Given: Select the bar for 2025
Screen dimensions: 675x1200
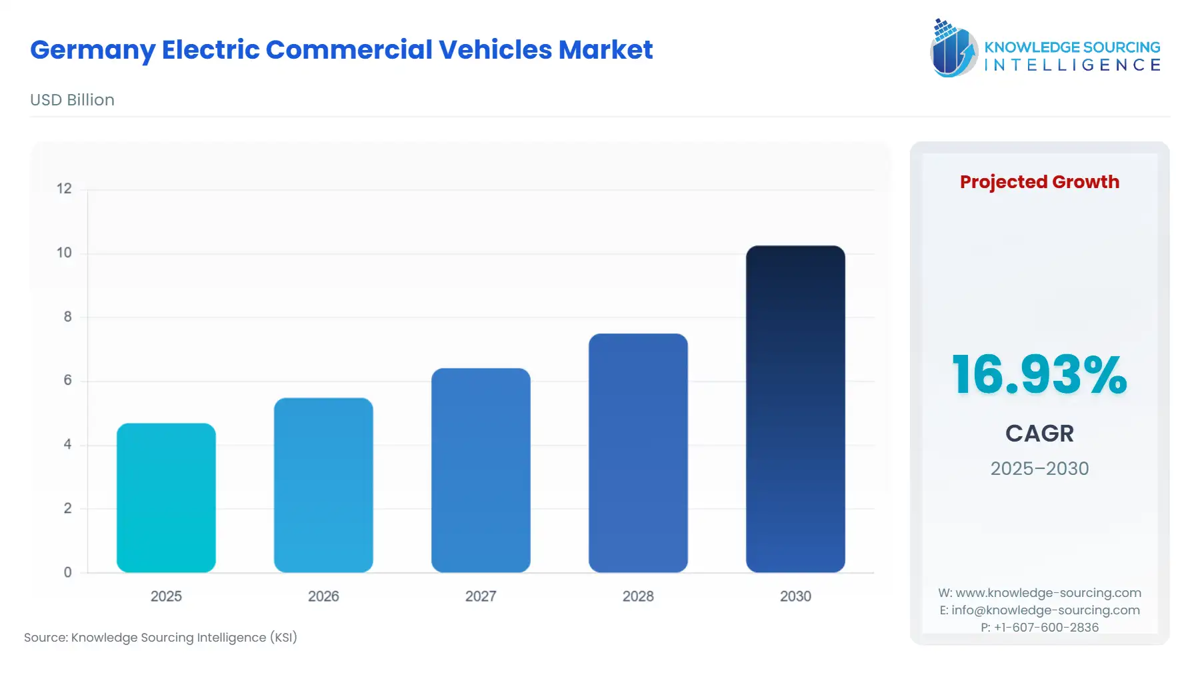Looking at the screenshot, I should click(166, 498).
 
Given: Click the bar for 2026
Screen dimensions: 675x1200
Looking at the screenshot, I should click(323, 485).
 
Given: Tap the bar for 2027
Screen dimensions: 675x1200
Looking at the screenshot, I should click(481, 470).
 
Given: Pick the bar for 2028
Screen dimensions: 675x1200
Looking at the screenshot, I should click(638, 453).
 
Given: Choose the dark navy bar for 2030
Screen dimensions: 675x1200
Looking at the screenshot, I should click(795, 409).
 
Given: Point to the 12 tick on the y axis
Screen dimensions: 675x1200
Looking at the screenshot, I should click(64, 189).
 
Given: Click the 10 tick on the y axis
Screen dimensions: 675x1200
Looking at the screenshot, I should click(64, 253).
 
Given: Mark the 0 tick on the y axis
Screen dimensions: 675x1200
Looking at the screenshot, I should click(67, 572).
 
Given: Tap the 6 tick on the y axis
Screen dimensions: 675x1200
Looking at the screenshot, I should click(67, 380).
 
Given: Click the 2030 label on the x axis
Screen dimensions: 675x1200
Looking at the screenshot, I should click(795, 596).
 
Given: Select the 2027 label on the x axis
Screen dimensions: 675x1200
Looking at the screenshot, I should click(481, 596).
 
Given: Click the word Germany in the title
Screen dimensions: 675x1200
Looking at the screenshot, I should click(92, 50).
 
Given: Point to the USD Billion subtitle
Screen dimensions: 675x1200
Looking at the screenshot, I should click(72, 100).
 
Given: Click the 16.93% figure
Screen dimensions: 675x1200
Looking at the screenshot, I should click(1039, 375).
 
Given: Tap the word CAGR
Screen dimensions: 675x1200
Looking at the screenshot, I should click(1039, 434).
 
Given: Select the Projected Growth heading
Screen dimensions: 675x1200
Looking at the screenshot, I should click(1039, 182).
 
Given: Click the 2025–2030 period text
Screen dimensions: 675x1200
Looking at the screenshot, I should click(1039, 469).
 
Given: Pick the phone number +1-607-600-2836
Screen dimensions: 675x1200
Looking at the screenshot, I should click(1046, 628).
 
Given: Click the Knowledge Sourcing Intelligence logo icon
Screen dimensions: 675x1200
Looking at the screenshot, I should click(953, 48).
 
